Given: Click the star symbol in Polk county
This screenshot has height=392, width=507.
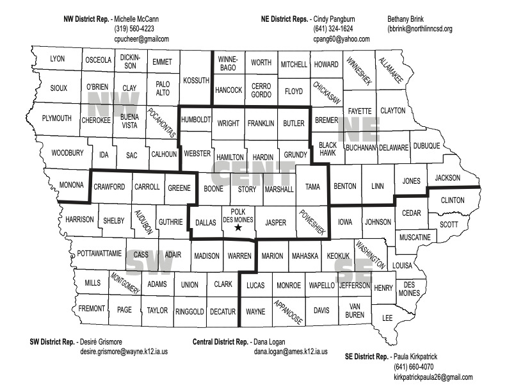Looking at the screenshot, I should coord(238,227).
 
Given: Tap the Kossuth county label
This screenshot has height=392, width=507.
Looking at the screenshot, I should coord(196,81).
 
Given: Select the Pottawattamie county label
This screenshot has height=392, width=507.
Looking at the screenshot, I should coord(99,254).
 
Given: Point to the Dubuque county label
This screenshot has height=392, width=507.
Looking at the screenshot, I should coord(426,146).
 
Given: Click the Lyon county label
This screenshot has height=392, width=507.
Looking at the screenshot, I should coord(57,59).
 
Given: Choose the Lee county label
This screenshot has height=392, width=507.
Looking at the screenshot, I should coord(387,318).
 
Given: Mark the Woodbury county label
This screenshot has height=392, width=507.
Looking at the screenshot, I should coord(67,153).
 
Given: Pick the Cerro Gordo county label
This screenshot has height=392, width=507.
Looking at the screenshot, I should coord(261,90).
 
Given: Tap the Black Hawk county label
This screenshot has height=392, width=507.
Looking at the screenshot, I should coord(328,149).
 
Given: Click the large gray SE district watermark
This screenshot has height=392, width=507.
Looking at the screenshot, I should coord(353,264).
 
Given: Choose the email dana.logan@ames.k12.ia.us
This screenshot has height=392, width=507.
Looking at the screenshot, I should coord(291,352).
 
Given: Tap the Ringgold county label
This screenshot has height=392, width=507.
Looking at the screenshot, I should coord(189,311).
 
